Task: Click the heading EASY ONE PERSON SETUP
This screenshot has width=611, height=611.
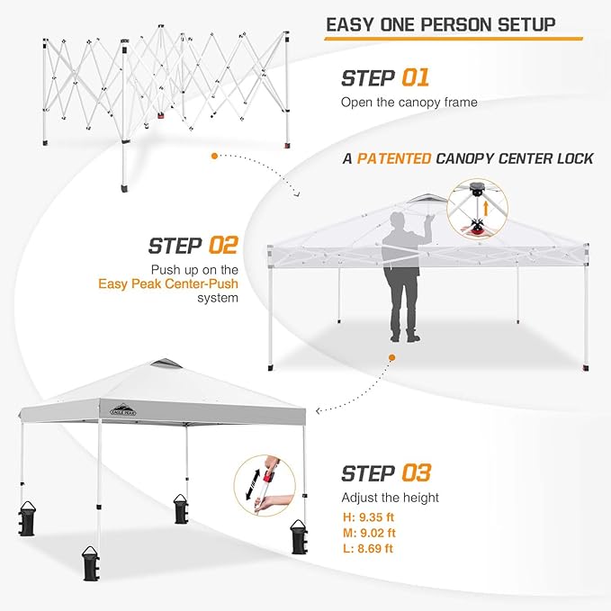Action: [440, 22]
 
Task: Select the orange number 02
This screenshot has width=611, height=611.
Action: [222, 245]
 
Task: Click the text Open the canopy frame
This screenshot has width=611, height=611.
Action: [409, 102]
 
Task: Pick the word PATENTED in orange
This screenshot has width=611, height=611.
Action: [393, 159]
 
